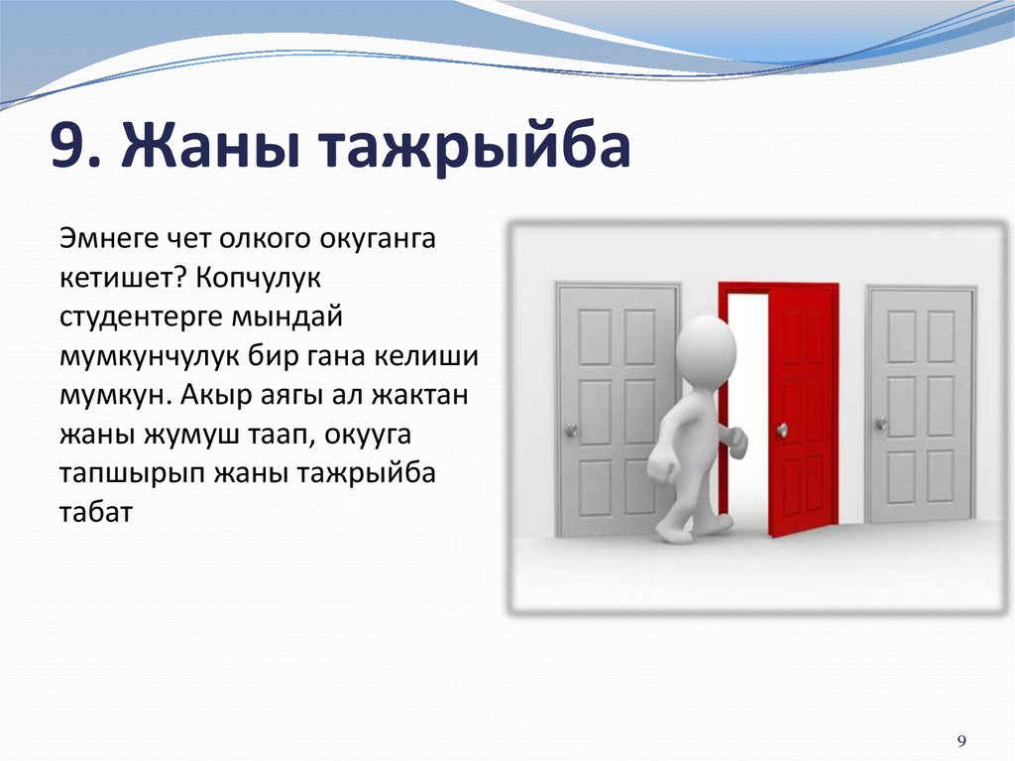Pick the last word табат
tap(96, 511)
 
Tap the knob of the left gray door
tap(572, 430)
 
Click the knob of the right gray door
tap(880, 424)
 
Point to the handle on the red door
tap(782, 429)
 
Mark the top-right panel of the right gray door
tap(941, 336)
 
